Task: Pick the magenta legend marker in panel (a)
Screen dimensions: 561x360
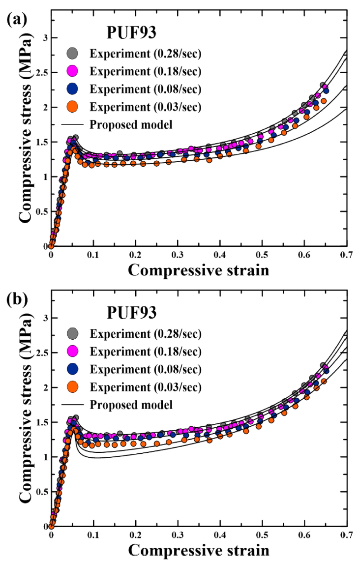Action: coord(72,72)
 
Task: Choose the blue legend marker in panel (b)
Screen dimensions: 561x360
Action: coord(72,369)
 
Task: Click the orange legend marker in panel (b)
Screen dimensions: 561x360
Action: coord(72,387)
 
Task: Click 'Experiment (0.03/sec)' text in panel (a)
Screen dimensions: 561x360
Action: coord(146,107)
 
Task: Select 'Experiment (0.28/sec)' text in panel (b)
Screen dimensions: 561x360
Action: coord(146,334)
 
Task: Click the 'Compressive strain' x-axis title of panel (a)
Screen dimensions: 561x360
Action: coord(199,270)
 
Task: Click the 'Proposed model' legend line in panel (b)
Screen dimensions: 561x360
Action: coord(73,405)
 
